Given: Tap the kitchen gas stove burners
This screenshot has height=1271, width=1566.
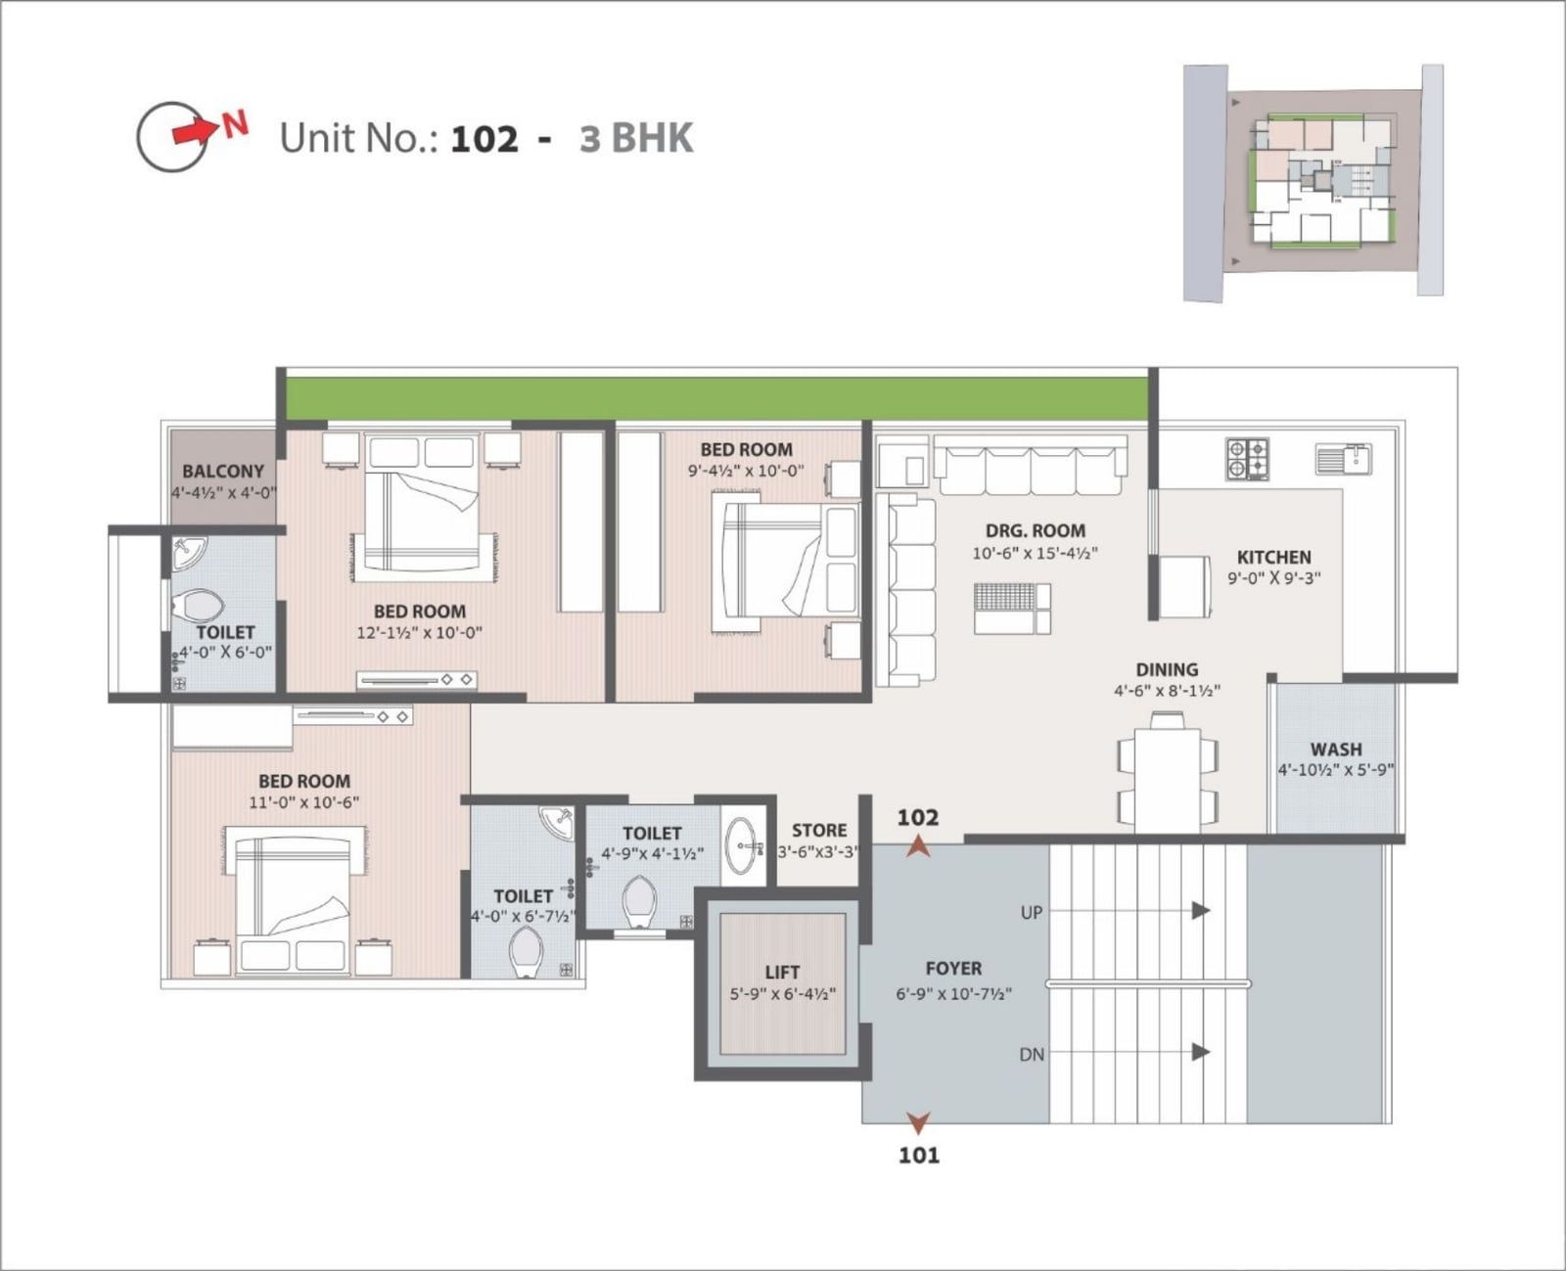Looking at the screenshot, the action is (1247, 460).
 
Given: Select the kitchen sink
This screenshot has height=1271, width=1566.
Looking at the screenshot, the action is (1343, 459).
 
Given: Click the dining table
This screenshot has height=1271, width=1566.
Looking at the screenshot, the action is (1168, 779).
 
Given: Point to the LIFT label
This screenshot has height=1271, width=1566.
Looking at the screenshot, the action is (782, 973).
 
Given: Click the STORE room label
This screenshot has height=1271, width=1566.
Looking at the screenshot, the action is (819, 831).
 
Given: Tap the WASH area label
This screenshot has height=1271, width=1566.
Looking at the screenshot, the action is (1336, 749).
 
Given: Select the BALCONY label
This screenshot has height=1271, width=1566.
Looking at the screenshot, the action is (223, 472).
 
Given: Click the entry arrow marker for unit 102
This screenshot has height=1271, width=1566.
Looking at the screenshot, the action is (918, 846).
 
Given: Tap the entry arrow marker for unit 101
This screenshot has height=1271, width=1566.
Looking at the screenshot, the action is (918, 1122).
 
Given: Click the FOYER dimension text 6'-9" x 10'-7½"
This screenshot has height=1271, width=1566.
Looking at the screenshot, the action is (953, 994).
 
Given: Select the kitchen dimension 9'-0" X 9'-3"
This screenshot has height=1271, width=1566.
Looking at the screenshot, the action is (1274, 578).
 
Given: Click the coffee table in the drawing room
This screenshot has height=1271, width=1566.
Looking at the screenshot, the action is (1012, 609).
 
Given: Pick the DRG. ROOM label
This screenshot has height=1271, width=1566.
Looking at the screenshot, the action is (1036, 530).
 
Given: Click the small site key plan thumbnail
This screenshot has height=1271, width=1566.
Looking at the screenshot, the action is (1313, 182).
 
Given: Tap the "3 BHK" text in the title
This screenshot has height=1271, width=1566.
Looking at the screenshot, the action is (636, 138).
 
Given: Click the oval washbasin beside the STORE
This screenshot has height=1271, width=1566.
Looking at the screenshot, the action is (744, 846).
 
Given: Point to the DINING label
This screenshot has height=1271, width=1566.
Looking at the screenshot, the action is (1167, 669).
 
